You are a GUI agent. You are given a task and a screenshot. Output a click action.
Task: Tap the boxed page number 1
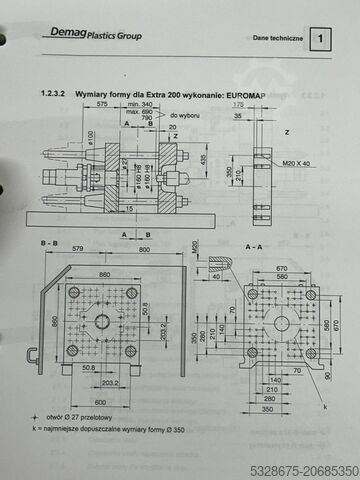pyautogui.click(x=321, y=39)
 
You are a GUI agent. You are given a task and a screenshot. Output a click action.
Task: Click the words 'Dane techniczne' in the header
pyautogui.click(x=276, y=39)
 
